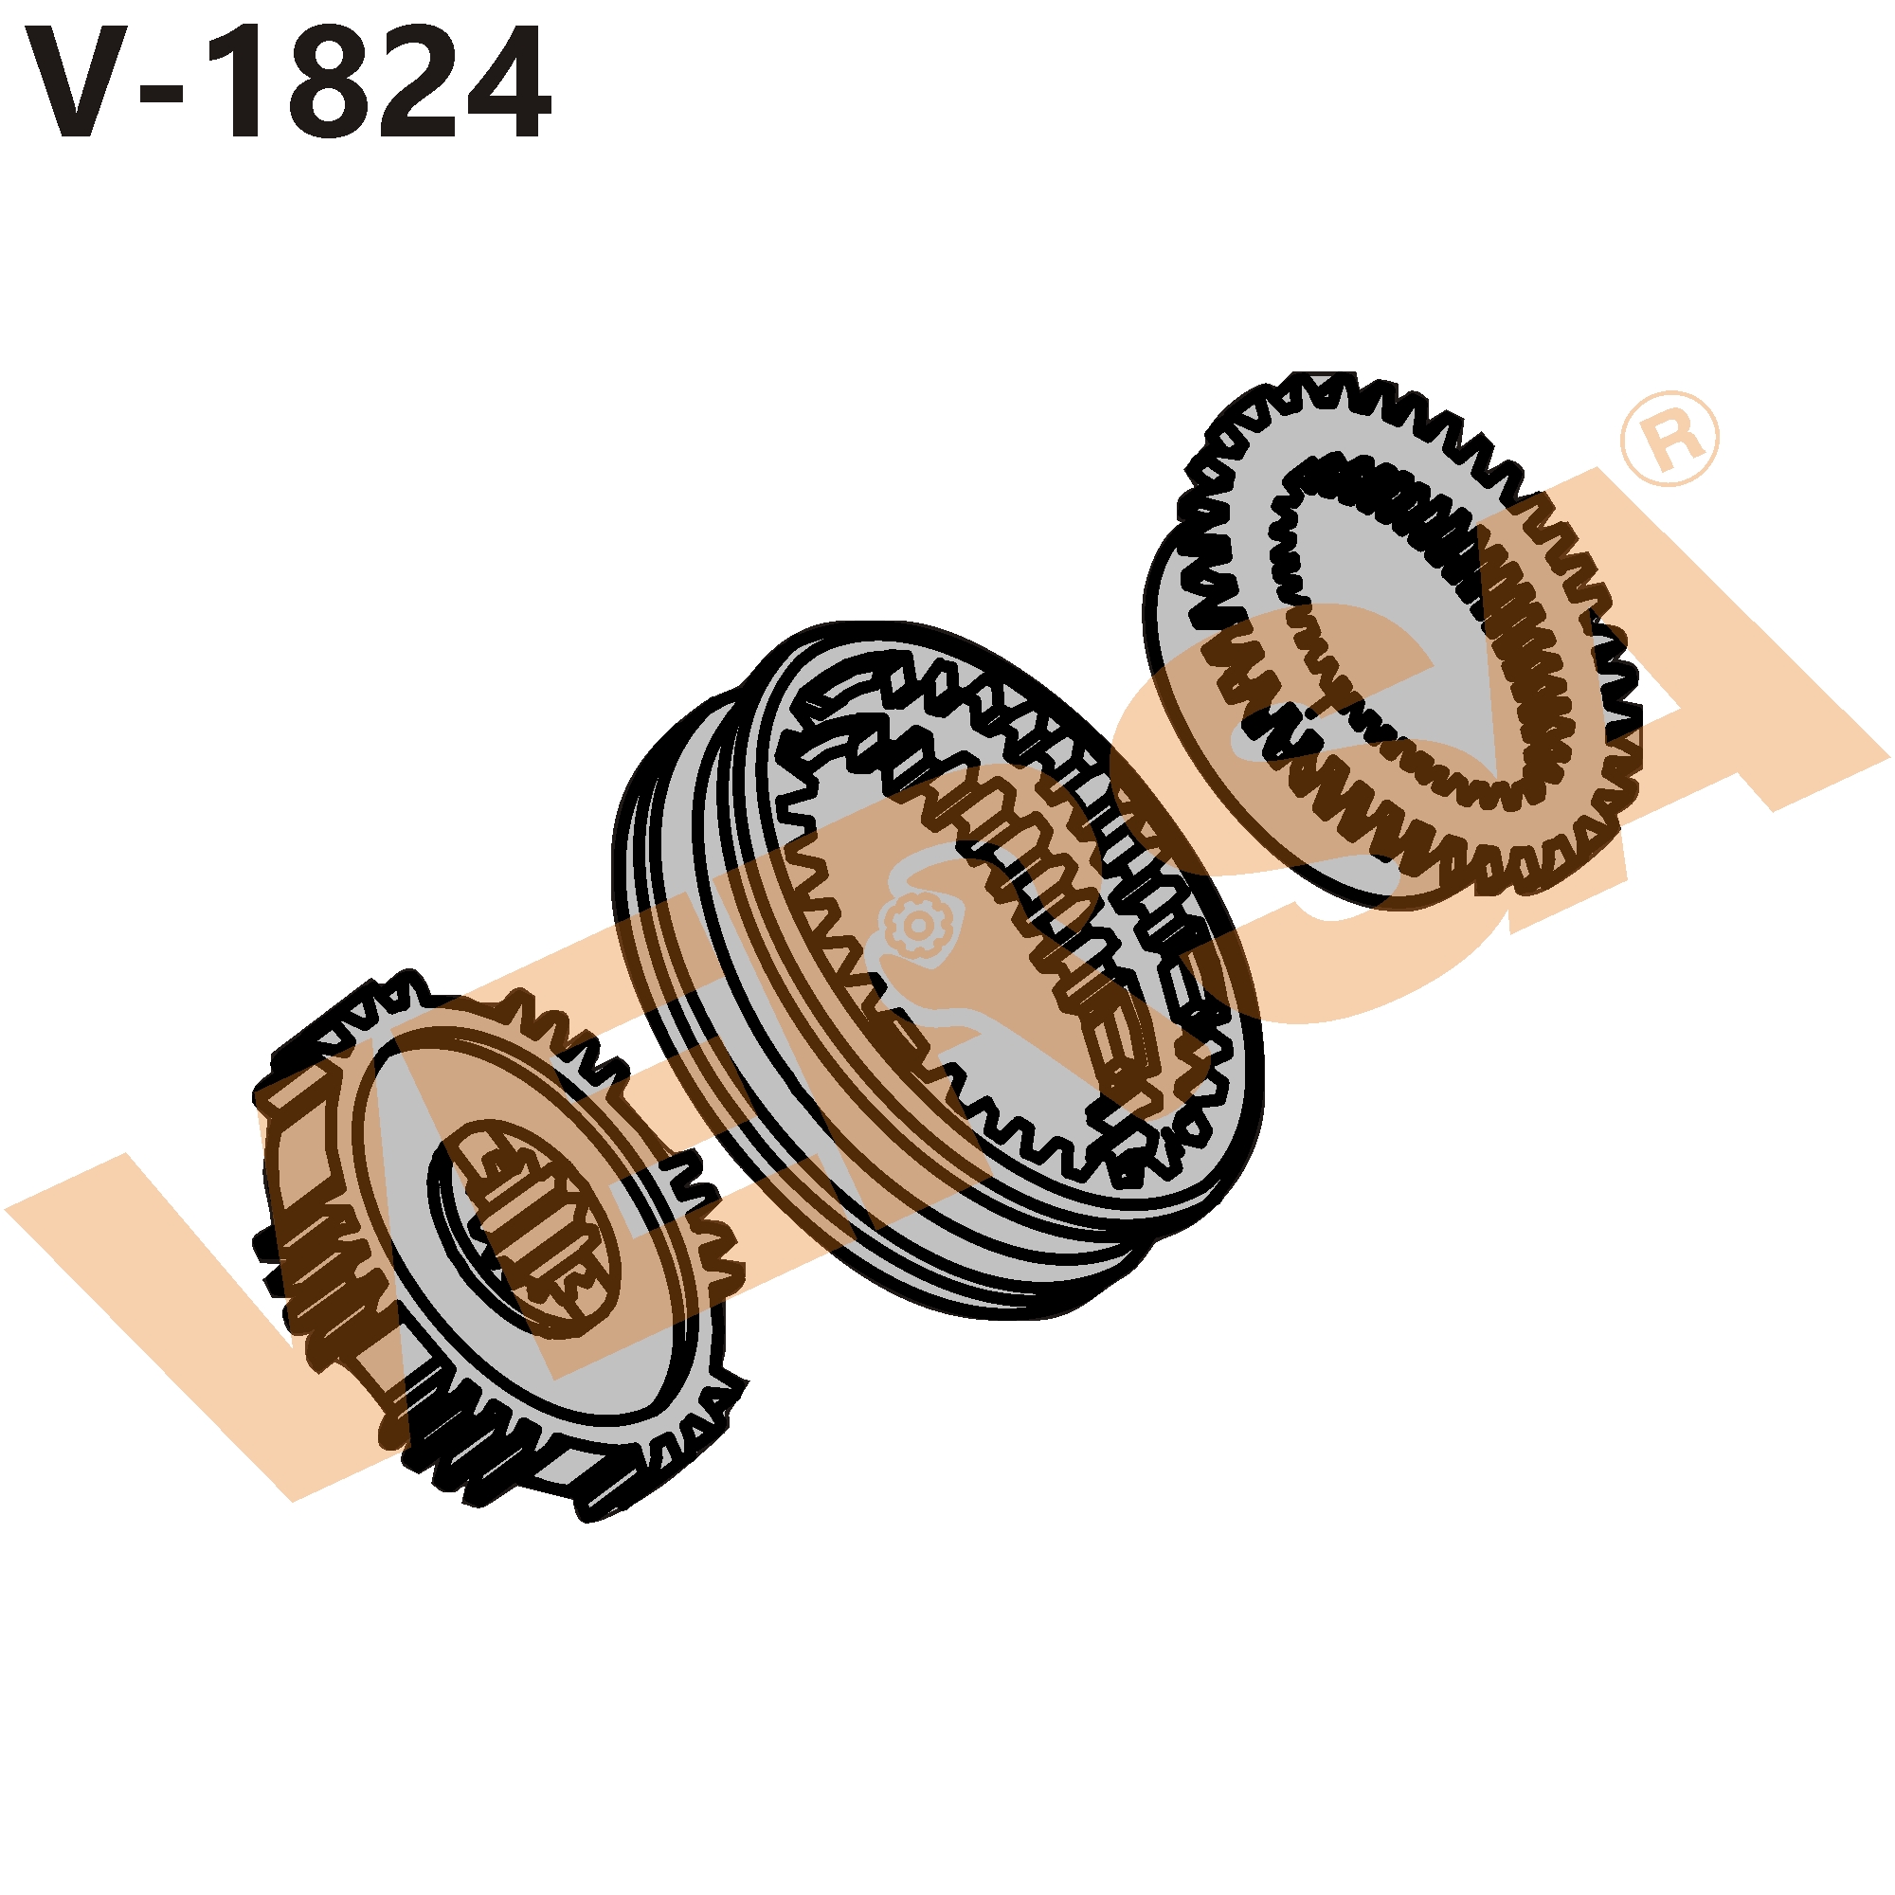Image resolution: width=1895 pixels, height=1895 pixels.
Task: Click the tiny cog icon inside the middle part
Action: point(916,923)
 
